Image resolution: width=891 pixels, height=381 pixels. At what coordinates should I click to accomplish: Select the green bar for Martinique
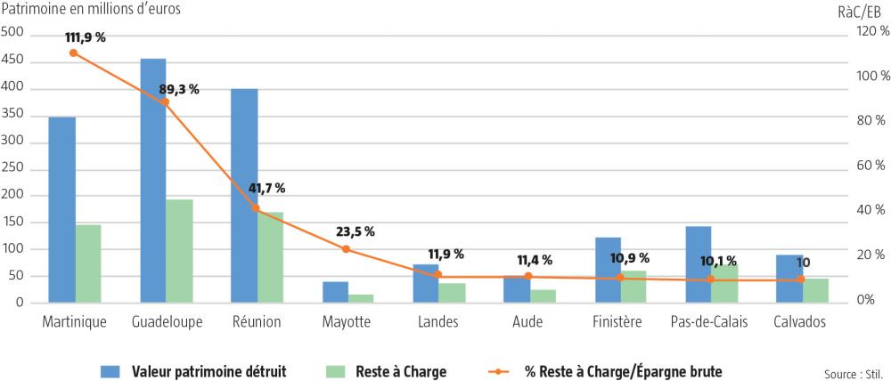pyautogui.click(x=88, y=263)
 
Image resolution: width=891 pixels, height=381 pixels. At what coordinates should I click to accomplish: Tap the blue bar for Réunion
pyautogui.click(x=244, y=196)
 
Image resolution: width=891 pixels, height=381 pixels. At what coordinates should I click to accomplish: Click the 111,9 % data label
pyautogui.click(x=86, y=37)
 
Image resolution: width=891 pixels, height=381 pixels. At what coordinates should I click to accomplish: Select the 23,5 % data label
pyautogui.click(x=355, y=231)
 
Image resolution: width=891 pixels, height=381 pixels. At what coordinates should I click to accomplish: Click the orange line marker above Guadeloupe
pyautogui.click(x=165, y=102)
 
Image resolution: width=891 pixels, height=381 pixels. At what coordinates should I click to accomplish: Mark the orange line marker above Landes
pyautogui.click(x=437, y=274)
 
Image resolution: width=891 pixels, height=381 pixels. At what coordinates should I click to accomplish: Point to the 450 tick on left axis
pyautogui.click(x=12, y=61)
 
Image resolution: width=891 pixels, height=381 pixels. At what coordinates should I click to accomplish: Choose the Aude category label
pyautogui.click(x=528, y=321)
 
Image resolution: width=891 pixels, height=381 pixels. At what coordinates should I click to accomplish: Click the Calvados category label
pyautogui.click(x=800, y=321)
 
